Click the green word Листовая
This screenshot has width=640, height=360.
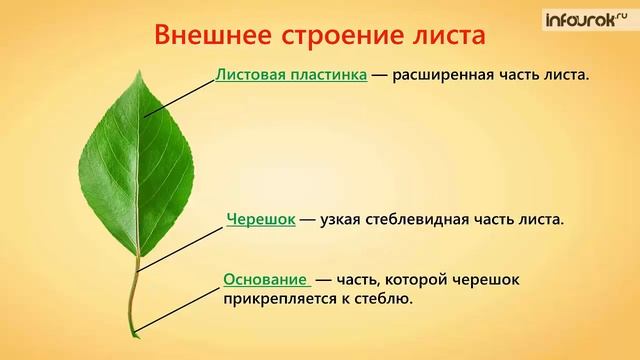[250, 74]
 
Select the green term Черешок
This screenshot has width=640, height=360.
[260, 218]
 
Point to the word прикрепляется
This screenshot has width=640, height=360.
[276, 298]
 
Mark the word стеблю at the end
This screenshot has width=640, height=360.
[383, 298]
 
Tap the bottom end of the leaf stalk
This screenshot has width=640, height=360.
[131, 332]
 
